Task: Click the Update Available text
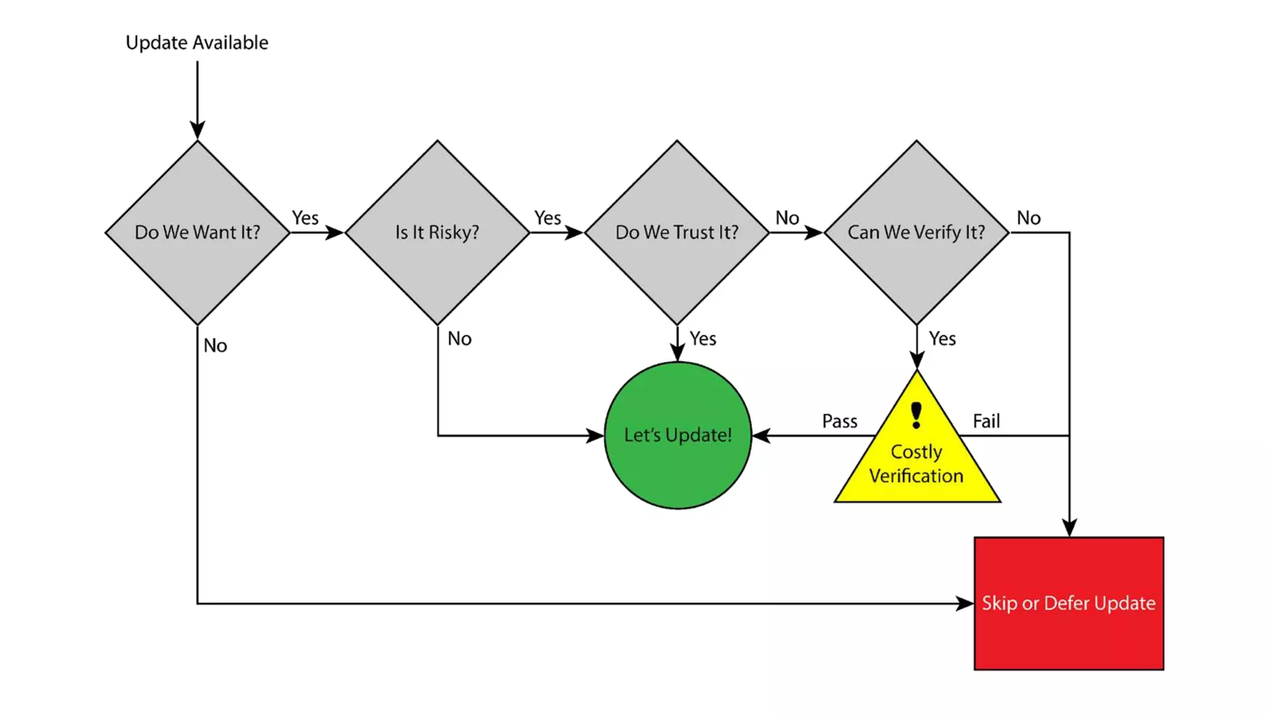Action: (x=196, y=43)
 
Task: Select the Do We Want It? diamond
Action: (x=197, y=232)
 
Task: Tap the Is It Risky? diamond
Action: (x=437, y=232)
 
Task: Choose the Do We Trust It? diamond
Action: (x=677, y=232)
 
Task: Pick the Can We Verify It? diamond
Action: (x=916, y=232)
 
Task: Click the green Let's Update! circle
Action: (x=677, y=435)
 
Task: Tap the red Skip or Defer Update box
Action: (x=1068, y=603)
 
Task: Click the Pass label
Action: (x=839, y=421)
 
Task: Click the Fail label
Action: (x=986, y=421)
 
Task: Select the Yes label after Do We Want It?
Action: (x=305, y=218)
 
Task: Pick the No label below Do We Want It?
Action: (x=215, y=345)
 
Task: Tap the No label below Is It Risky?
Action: (x=459, y=338)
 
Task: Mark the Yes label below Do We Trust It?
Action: (x=703, y=338)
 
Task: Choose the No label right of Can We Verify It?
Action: (x=1029, y=218)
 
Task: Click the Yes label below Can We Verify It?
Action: (x=942, y=338)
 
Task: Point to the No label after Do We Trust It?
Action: (x=787, y=218)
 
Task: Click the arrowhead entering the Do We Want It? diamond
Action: (x=197, y=130)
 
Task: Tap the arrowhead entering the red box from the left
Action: (x=964, y=603)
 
